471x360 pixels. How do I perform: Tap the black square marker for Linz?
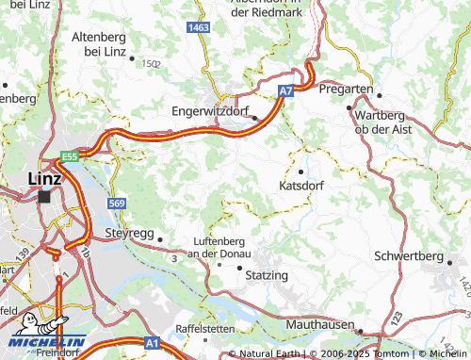[x=44, y=196]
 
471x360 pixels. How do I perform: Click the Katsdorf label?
[x=301, y=186]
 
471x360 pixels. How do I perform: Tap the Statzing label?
[x=266, y=274]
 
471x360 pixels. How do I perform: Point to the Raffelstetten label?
[x=204, y=328]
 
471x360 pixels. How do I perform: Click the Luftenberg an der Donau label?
[x=223, y=247]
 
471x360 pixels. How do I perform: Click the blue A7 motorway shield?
[x=285, y=90]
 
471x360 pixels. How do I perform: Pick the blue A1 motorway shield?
[x=153, y=345]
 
